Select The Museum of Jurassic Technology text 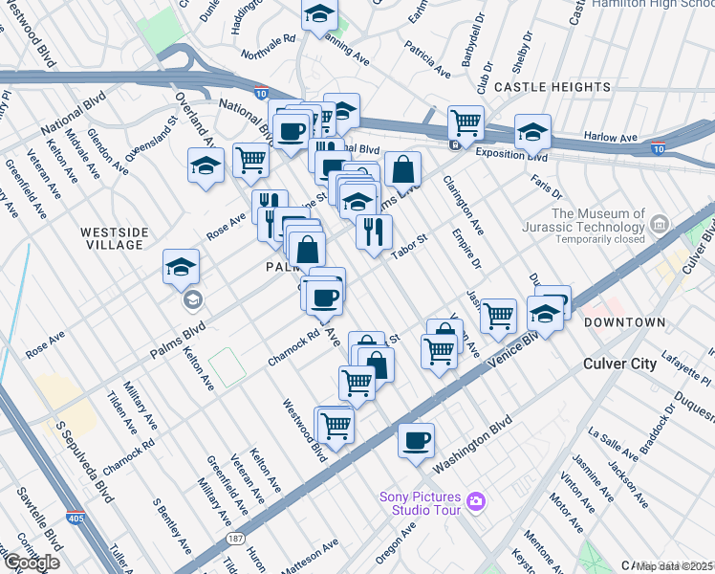(598, 220)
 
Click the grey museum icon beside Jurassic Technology (659, 225)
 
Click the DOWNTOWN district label (625, 323)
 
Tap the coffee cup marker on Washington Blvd (416, 441)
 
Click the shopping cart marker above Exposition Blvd (466, 122)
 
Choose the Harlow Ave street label (612, 139)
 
